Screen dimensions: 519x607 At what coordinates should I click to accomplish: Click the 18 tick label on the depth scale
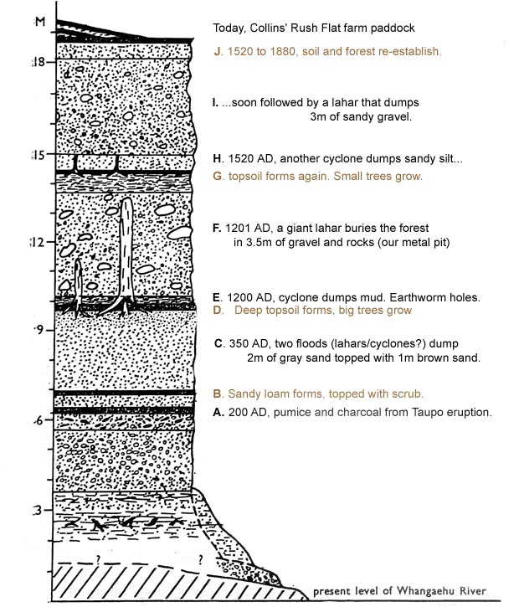point(39,62)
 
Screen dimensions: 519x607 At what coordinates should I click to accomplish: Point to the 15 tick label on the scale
point(39,155)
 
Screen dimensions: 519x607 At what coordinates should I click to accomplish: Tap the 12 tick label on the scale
point(38,243)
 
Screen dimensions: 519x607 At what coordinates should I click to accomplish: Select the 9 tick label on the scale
point(39,330)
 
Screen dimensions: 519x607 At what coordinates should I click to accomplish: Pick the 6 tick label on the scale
point(38,420)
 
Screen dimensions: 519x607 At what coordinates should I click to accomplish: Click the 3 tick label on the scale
point(37,511)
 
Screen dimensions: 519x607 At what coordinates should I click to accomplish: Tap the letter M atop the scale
point(39,22)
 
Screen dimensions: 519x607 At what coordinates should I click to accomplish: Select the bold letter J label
point(218,51)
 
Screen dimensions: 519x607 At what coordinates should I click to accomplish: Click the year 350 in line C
point(238,343)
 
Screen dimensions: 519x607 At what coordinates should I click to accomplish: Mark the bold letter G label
point(218,176)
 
